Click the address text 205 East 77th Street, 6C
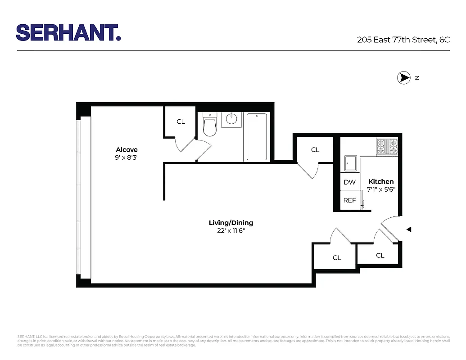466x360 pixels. [403, 40]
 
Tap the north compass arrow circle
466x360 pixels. [403, 78]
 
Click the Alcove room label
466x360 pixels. [127, 150]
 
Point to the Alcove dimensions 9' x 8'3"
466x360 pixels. [127, 157]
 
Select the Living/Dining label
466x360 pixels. [231, 223]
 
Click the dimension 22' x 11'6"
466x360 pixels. [231, 230]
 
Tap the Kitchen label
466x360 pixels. [381, 182]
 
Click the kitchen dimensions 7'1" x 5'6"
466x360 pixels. [381, 189]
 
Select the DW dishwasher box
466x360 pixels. [349, 182]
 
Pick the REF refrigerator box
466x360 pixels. [349, 200]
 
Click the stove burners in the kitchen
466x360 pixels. [387, 145]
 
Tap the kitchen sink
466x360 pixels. [350, 163]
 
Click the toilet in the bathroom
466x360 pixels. [210, 125]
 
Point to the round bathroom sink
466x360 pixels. [231, 119]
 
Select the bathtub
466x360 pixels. [257, 137]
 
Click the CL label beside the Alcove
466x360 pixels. [181, 122]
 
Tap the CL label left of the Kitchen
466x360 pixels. [315, 150]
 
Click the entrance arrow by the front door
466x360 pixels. [409, 229]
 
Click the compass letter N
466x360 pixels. [417, 78]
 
